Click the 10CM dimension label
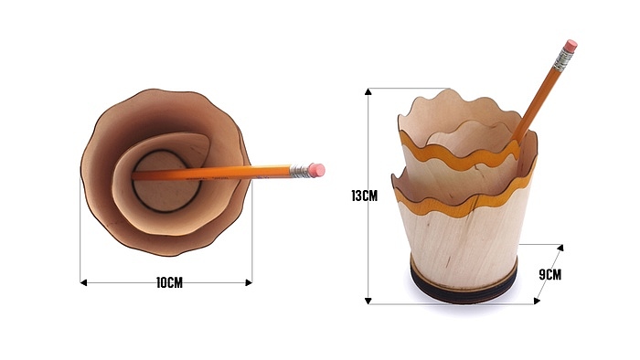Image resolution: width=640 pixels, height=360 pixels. click(169, 282)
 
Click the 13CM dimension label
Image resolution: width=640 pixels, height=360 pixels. click(365, 196)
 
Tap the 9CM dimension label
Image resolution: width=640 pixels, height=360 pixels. click(550, 274)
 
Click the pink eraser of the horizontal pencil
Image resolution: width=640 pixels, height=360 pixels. click(316, 170)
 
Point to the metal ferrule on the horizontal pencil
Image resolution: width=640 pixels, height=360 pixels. click(299, 171)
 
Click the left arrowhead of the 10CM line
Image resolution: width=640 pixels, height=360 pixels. click(83, 282)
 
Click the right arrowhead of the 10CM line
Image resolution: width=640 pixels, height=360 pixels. click(249, 282)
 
